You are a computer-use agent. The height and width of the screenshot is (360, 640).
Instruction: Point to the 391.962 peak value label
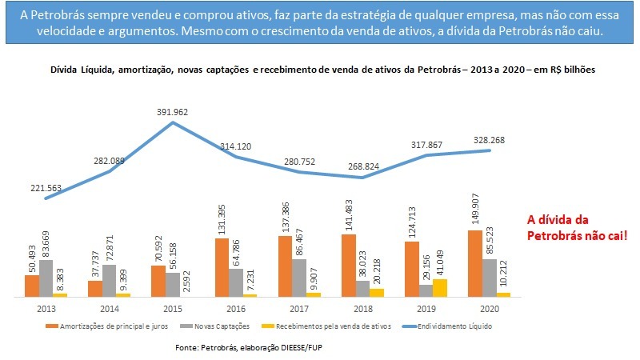(x=172, y=113)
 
